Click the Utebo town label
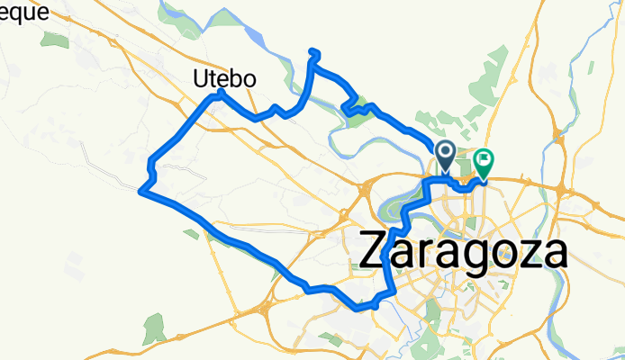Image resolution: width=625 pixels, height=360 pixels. click(x=225, y=79)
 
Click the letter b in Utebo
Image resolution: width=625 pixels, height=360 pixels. click(x=236, y=79)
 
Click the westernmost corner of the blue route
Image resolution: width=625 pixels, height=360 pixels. click(x=141, y=190)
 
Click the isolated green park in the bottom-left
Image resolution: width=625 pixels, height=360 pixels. click(x=154, y=330)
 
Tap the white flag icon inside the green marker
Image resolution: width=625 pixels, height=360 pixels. click(x=485, y=161)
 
